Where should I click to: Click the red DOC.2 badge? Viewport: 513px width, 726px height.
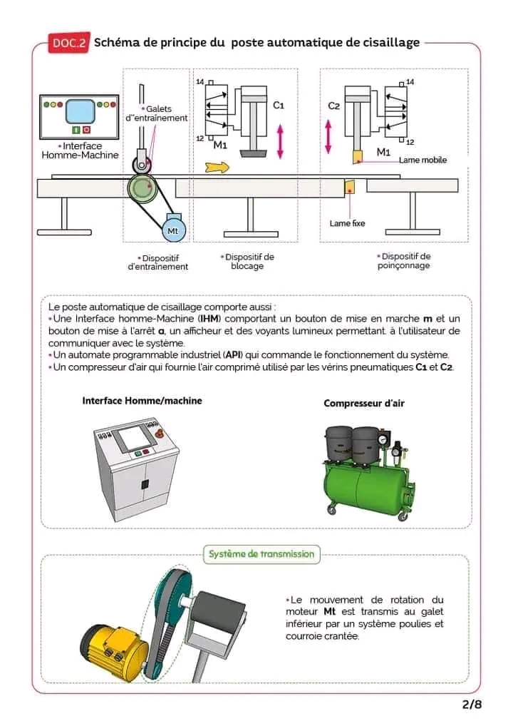tap(68, 43)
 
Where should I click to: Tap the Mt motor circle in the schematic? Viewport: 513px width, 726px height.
tap(172, 230)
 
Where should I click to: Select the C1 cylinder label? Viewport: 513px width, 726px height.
tap(279, 106)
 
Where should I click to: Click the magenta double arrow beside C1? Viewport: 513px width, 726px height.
tap(279, 141)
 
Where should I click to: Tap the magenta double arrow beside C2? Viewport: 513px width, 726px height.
tap(328, 136)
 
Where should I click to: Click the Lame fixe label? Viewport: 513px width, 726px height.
tap(347, 223)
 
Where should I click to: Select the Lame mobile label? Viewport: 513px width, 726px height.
tap(423, 160)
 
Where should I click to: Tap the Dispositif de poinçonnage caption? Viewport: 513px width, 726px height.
tap(404, 260)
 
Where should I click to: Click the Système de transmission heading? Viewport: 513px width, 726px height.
tap(261, 553)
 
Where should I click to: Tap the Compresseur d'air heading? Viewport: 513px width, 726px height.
tap(364, 403)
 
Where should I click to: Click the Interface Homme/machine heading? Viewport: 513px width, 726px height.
tap(142, 401)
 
